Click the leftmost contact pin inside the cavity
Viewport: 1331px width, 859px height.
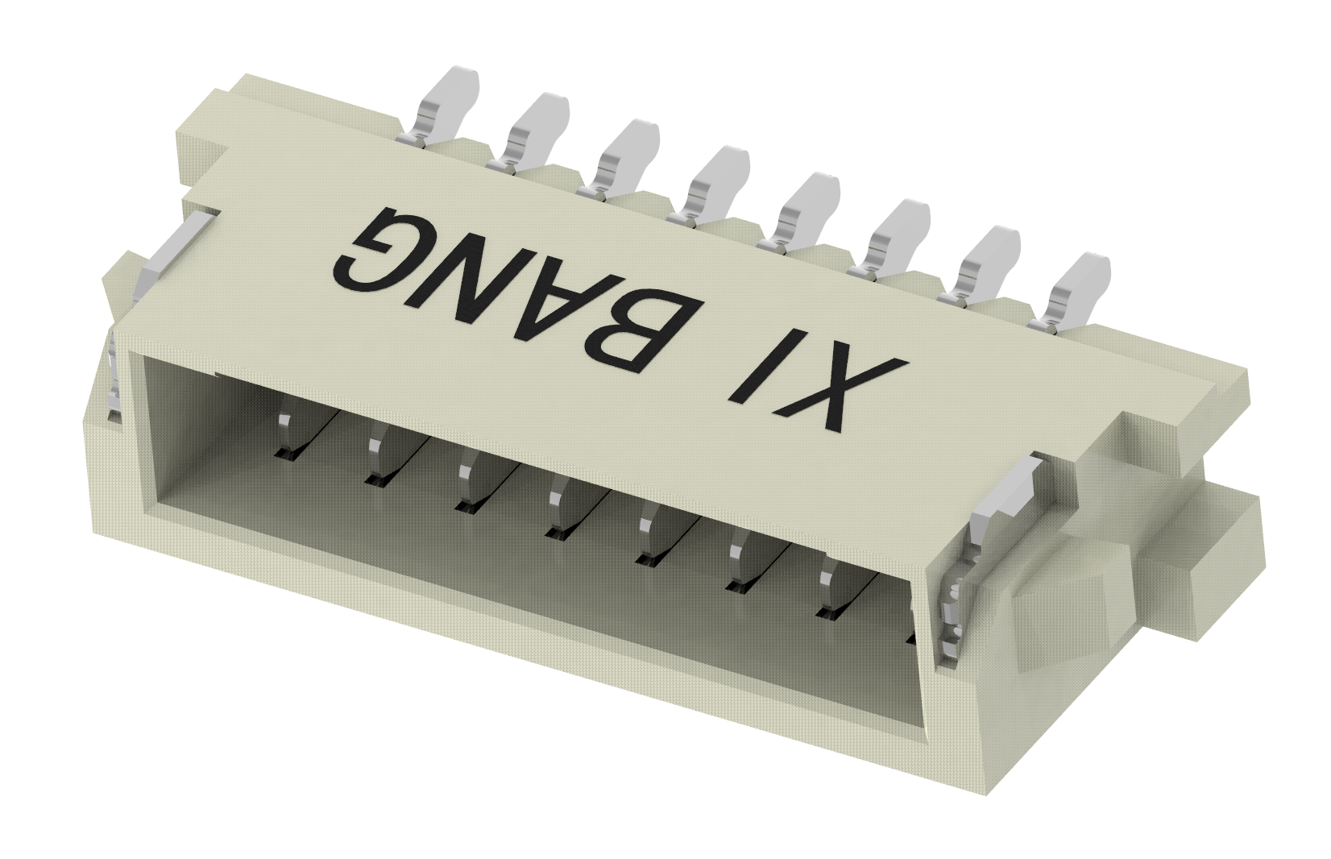[284, 436]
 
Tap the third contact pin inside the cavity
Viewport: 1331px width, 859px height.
[466, 487]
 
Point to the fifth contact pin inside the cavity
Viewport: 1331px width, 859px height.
[646, 540]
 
